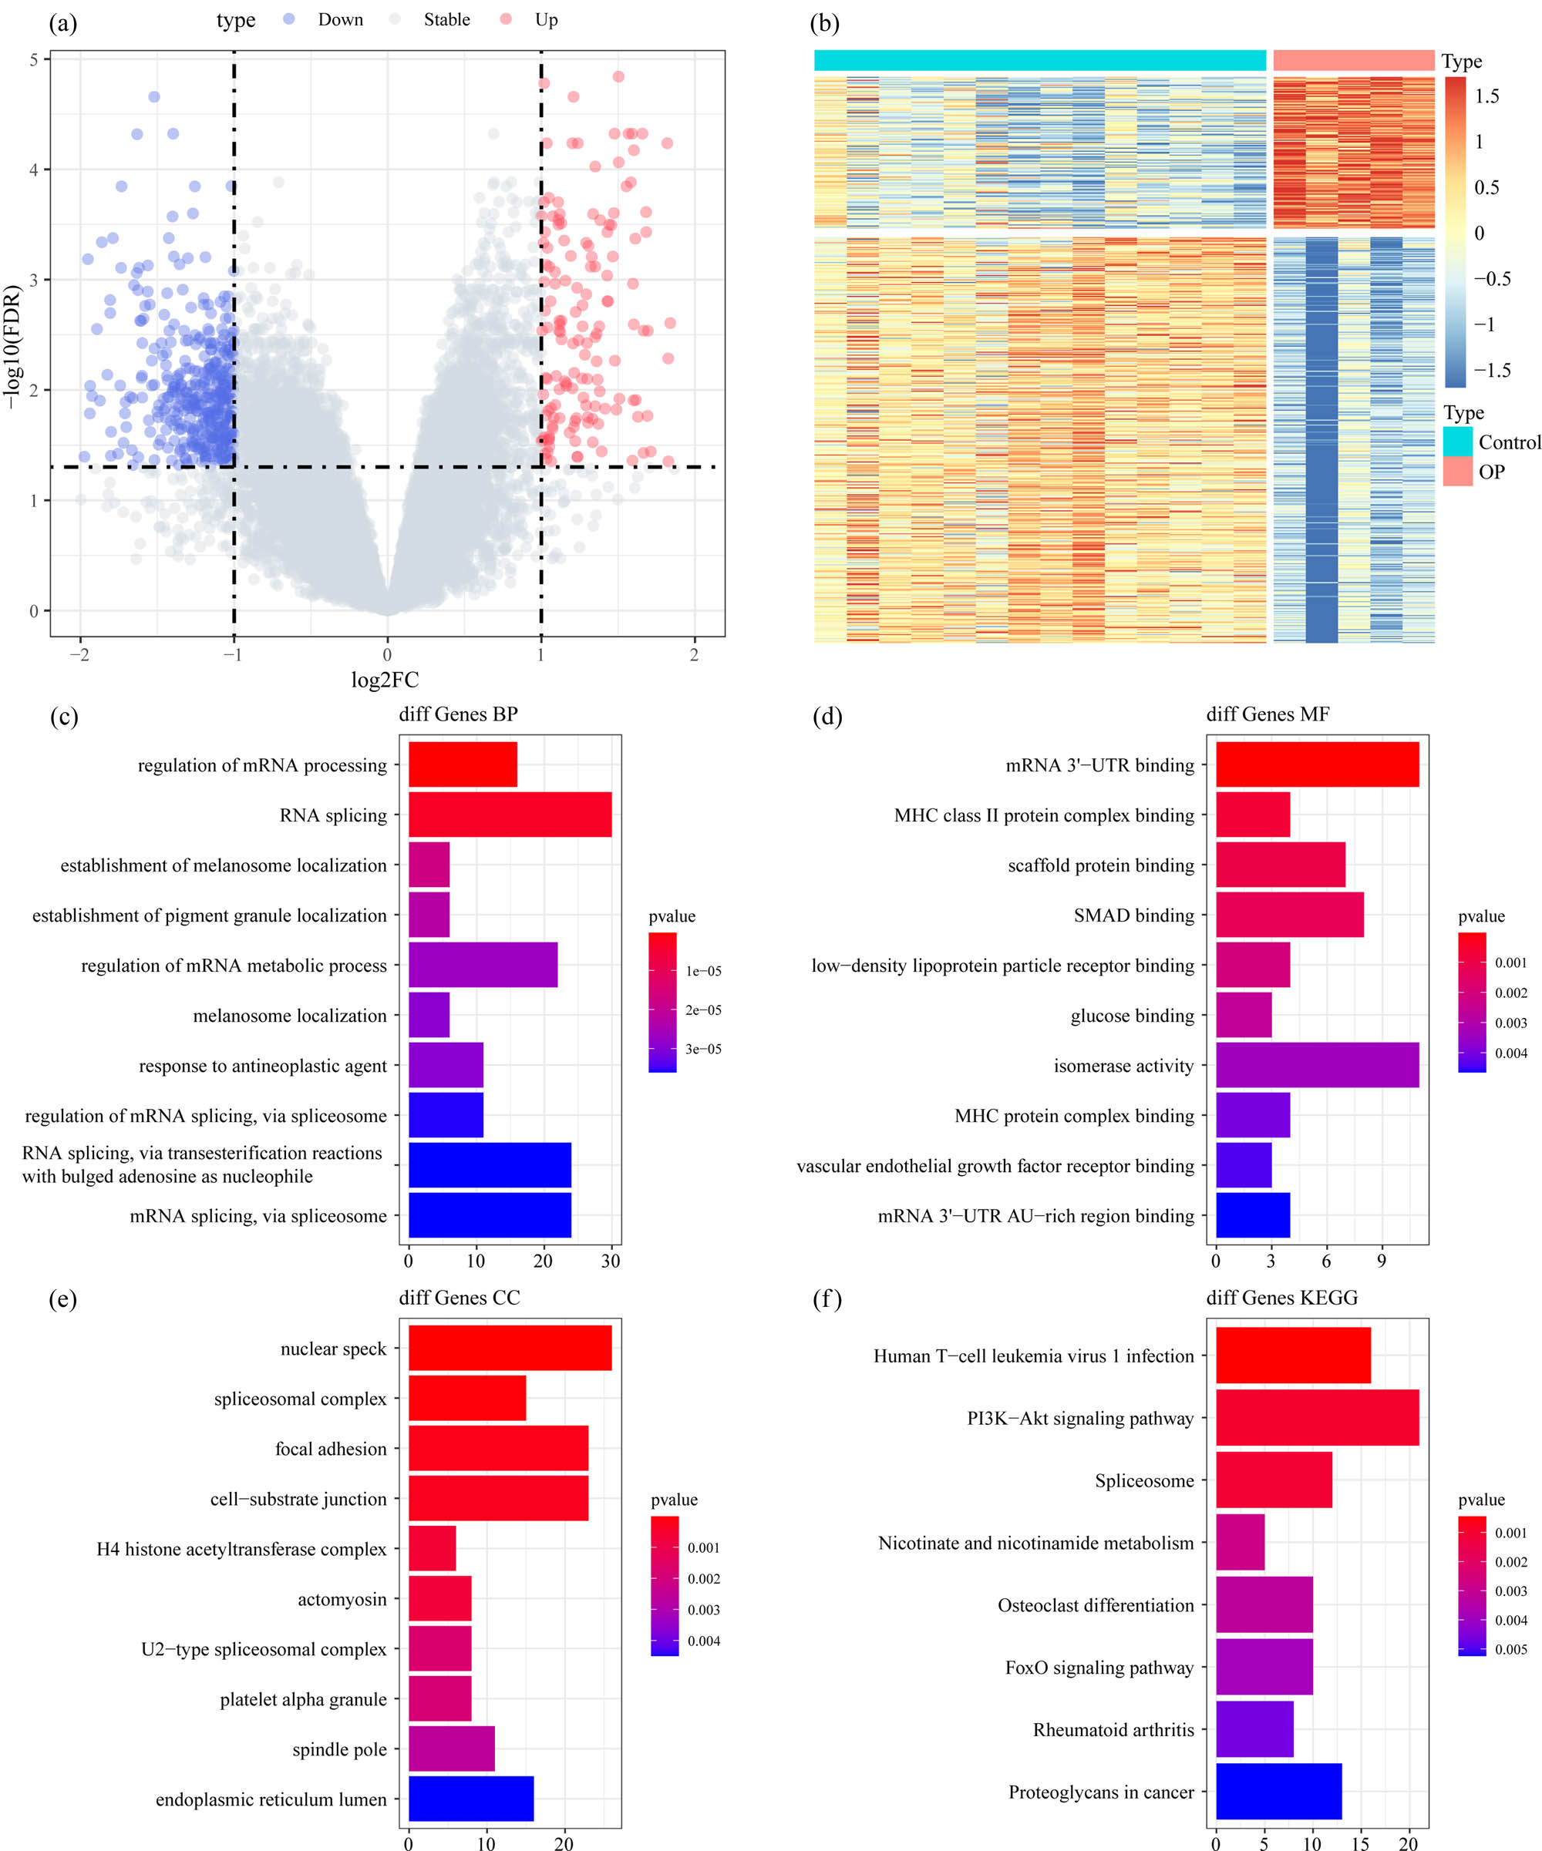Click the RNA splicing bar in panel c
[510, 815]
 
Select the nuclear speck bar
[510, 1349]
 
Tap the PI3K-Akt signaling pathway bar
[1316, 1418]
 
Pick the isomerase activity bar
[1316, 1065]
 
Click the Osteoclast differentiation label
[1095, 1605]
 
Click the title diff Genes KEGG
[1281, 1298]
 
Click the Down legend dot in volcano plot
[288, 19]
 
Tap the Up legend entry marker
[505, 19]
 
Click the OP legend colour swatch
[1457, 472]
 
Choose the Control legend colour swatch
[1457, 442]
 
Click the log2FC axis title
[385, 680]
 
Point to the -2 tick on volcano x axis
[80, 655]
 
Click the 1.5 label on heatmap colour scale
[1486, 96]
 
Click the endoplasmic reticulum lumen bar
[471, 1799]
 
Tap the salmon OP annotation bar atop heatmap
[1353, 60]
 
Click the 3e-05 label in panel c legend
[702, 1049]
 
